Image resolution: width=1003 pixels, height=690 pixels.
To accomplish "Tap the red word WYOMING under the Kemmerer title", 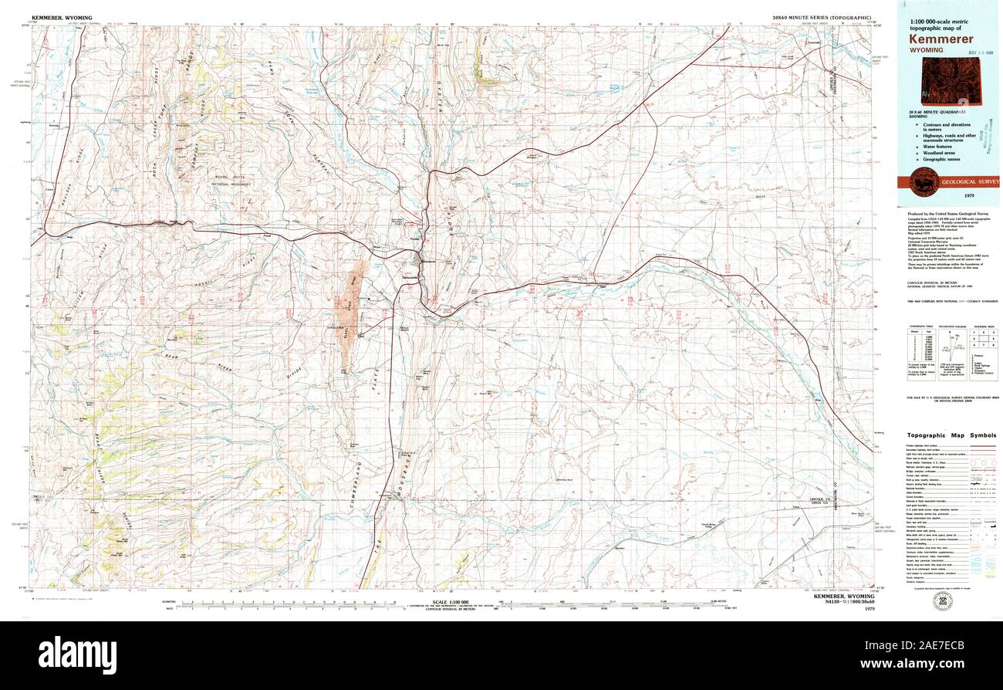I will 925,50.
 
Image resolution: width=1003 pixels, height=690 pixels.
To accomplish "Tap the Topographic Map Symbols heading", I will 951,435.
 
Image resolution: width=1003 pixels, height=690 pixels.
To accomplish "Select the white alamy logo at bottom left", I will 77,651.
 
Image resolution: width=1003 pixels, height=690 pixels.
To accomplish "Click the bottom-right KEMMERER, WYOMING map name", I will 844,597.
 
